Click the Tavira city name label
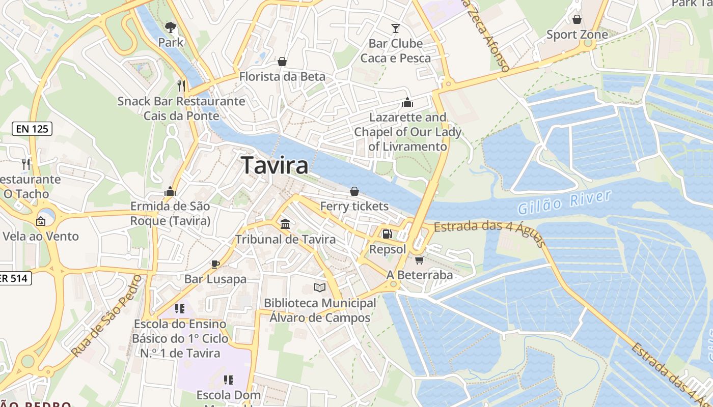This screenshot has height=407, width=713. click(275, 166)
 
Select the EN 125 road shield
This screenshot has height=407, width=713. click(32, 129)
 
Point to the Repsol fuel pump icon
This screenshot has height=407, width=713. click(387, 234)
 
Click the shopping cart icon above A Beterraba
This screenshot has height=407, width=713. click(419, 260)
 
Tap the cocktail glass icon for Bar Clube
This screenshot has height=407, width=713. click(396, 28)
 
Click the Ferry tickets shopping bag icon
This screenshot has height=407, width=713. click(354, 191)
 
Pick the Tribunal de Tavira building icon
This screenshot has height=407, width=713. click(285, 224)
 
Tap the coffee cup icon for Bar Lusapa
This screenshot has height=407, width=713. click(215, 264)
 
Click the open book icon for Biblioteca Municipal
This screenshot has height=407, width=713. click(319, 288)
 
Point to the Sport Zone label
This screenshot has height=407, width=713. click(577, 35)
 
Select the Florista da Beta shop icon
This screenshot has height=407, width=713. click(282, 62)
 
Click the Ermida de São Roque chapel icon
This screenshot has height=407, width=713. click(170, 191)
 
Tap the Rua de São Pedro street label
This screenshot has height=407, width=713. click(106, 315)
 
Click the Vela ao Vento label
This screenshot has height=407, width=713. click(41, 236)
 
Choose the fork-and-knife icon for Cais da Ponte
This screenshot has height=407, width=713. click(181, 85)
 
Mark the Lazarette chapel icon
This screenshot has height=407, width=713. click(407, 102)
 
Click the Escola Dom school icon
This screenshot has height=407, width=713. click(229, 380)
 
